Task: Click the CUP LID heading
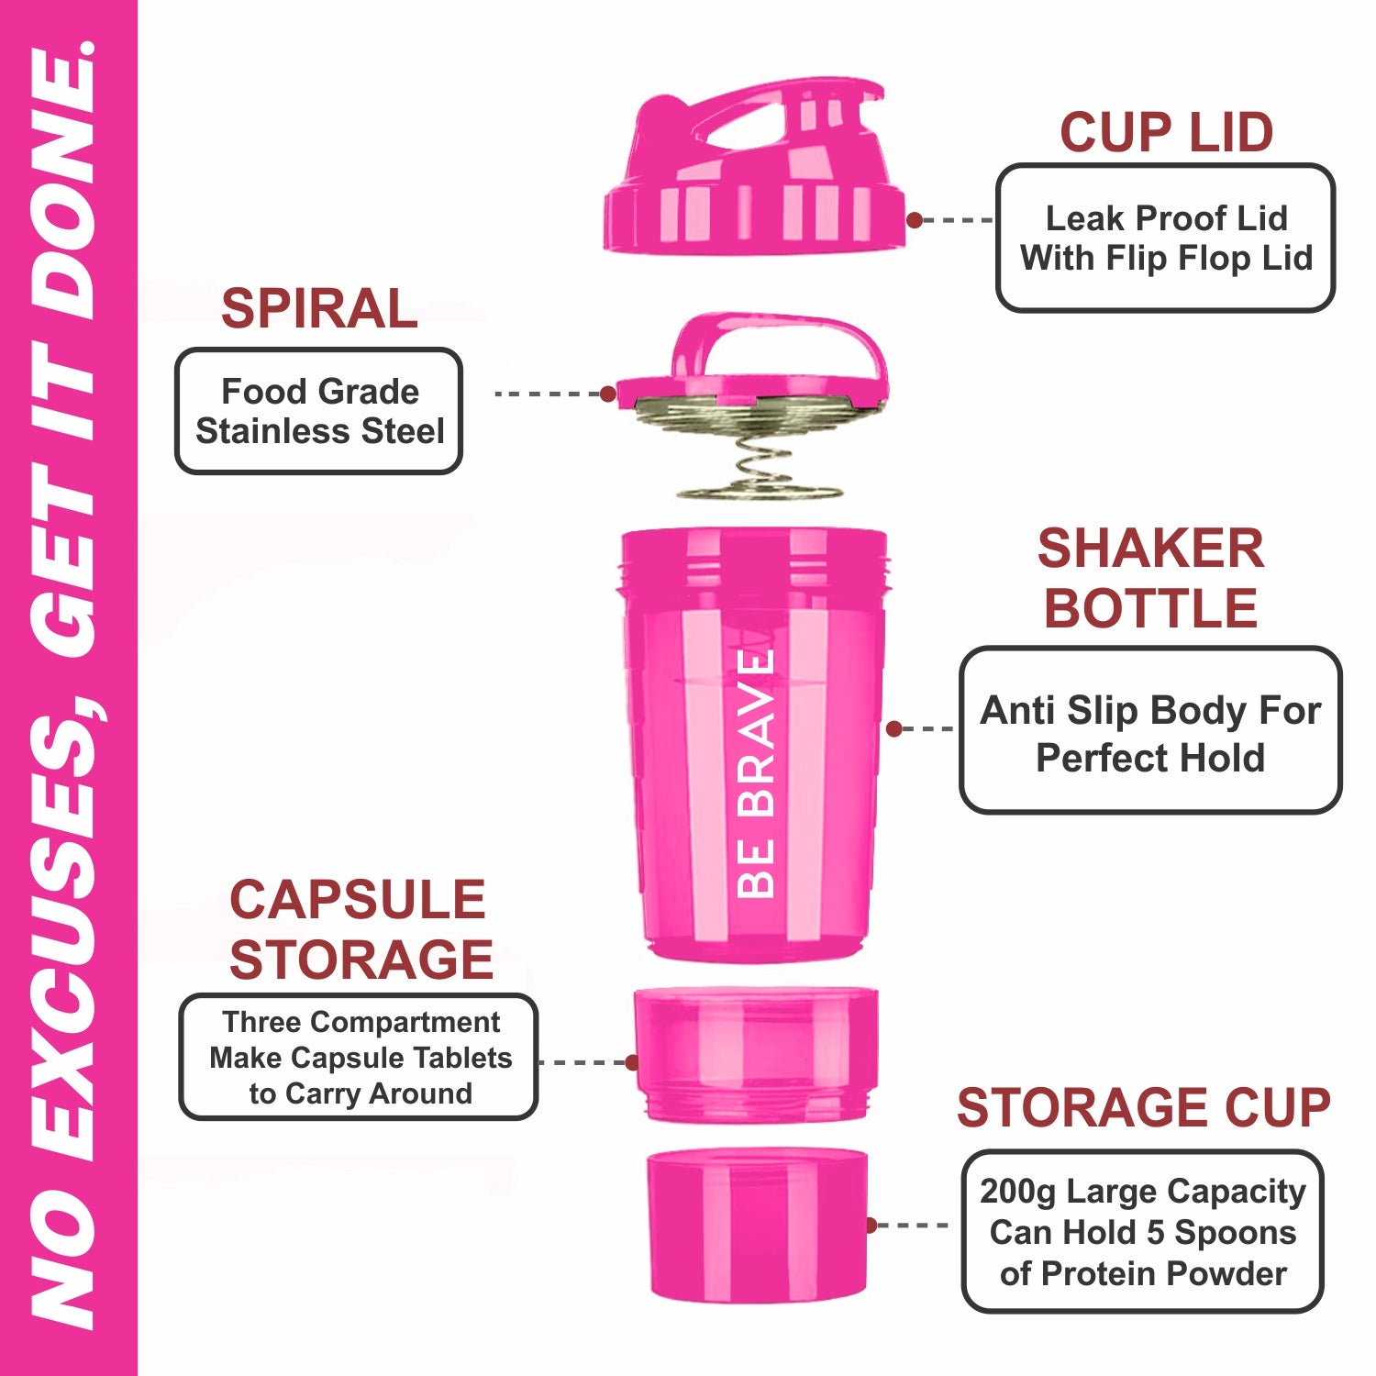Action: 1166,133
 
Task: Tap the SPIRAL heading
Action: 319,308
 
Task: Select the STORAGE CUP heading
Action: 1143,1107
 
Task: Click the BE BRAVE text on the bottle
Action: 757,773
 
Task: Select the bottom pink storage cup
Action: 758,1226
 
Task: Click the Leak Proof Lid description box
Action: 1165,239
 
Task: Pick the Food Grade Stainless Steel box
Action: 319,411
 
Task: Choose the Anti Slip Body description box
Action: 1150,730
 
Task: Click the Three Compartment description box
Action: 359,1057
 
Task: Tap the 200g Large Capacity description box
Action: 1142,1232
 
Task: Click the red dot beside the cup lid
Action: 915,220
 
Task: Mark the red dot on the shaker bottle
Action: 894,728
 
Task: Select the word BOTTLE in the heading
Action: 1150,608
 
